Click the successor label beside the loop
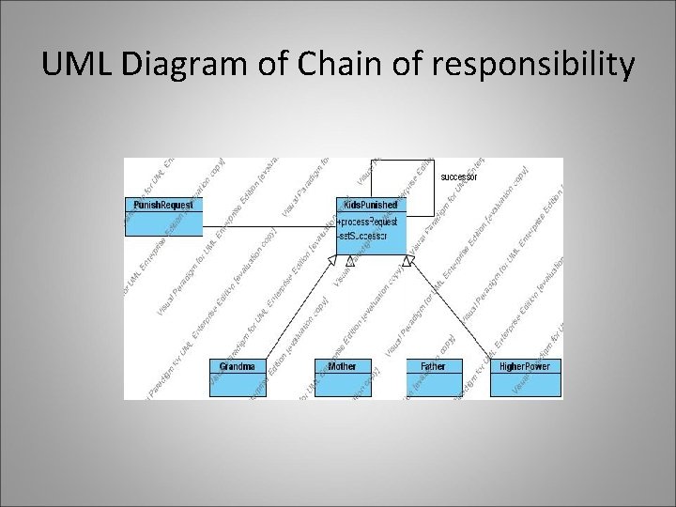(459, 177)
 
